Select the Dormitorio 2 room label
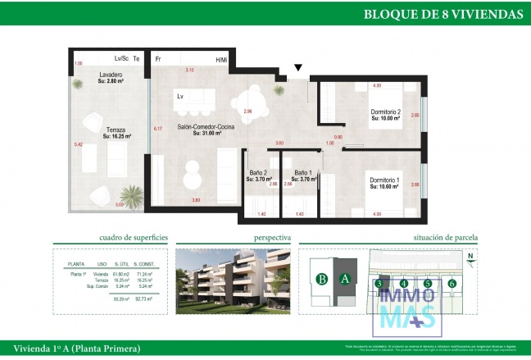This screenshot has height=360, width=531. pos(384,114)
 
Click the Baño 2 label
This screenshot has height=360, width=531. pos(258,175)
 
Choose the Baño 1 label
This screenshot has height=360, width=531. pos(305,175)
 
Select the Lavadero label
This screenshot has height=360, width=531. pos(110,78)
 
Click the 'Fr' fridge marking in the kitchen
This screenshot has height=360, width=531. pos(158,59)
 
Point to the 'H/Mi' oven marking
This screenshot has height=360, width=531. pos(221,59)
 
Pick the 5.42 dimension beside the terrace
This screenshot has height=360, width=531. pos(78,144)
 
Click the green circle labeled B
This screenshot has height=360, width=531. pos(323,279)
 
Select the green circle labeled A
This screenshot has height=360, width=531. pos(344,279)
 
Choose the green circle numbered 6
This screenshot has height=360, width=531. pos(452,284)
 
